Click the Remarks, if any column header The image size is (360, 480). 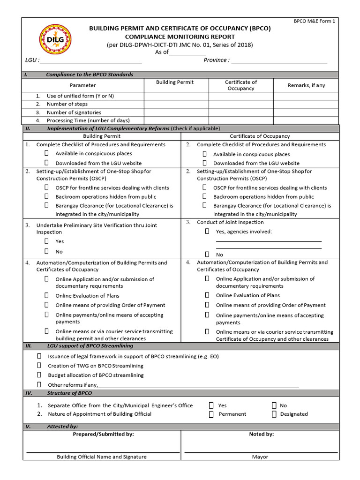pyautogui.click(x=306, y=85)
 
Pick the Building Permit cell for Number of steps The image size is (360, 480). pyautogui.click(x=176, y=104)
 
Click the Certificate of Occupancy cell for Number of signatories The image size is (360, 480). pyautogui.click(x=241, y=112)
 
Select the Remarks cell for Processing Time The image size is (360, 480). pyautogui.click(x=306, y=120)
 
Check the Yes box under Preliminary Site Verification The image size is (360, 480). pyautogui.click(x=47, y=241)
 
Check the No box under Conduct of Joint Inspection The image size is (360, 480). pyautogui.click(x=207, y=255)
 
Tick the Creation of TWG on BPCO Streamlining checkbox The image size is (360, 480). pyautogui.click(x=39, y=366)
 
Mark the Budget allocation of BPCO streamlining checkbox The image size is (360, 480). pyautogui.click(x=39, y=375)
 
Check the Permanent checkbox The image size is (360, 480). pyautogui.click(x=211, y=414)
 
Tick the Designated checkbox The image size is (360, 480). pyautogui.click(x=274, y=414)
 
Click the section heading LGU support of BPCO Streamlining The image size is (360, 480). pyautogui.click(x=90, y=346)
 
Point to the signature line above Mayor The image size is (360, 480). pyautogui.click(x=261, y=452)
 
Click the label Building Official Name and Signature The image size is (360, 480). pyautogui.click(x=102, y=457)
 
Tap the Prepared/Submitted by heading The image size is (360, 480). pyautogui.click(x=103, y=434)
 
